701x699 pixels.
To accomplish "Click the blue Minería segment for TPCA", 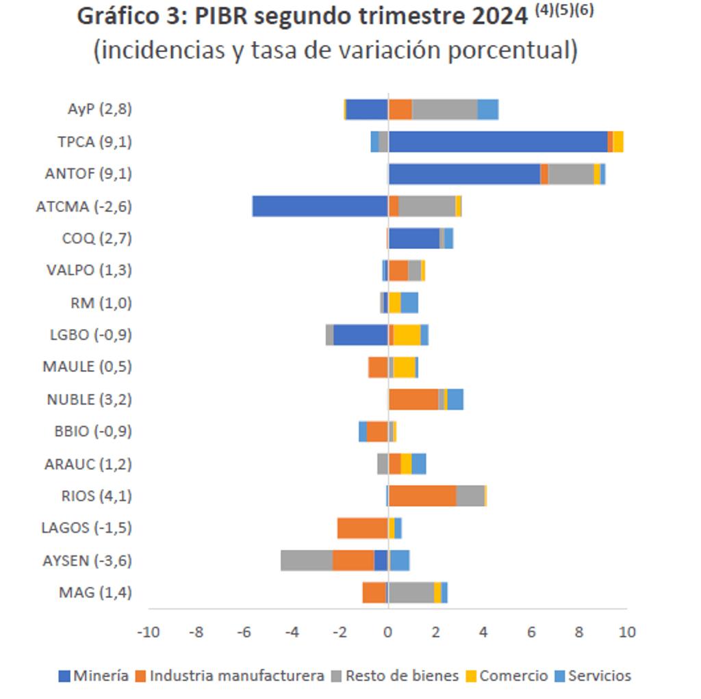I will (498, 142).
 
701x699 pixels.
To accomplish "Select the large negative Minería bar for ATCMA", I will (320, 206).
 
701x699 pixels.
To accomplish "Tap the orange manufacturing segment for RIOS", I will (422, 496).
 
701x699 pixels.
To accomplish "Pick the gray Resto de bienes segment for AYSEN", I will (307, 560).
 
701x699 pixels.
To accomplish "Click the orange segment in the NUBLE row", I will (413, 399).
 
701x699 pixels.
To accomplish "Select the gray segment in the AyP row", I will (444, 109).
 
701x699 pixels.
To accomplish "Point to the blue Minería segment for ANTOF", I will (464, 174).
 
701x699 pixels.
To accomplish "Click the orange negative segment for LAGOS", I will (363, 528).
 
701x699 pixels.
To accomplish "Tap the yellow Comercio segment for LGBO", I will (407, 335).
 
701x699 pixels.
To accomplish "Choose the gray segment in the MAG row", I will (411, 592).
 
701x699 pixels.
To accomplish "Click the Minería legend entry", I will (94, 676).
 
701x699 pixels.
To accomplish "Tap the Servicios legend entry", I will (592, 676).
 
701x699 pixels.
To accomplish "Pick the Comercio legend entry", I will (506, 676).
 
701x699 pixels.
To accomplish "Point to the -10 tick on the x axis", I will (149, 632).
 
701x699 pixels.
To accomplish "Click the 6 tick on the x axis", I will (531, 632).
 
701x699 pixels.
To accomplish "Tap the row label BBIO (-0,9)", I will (93, 432).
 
